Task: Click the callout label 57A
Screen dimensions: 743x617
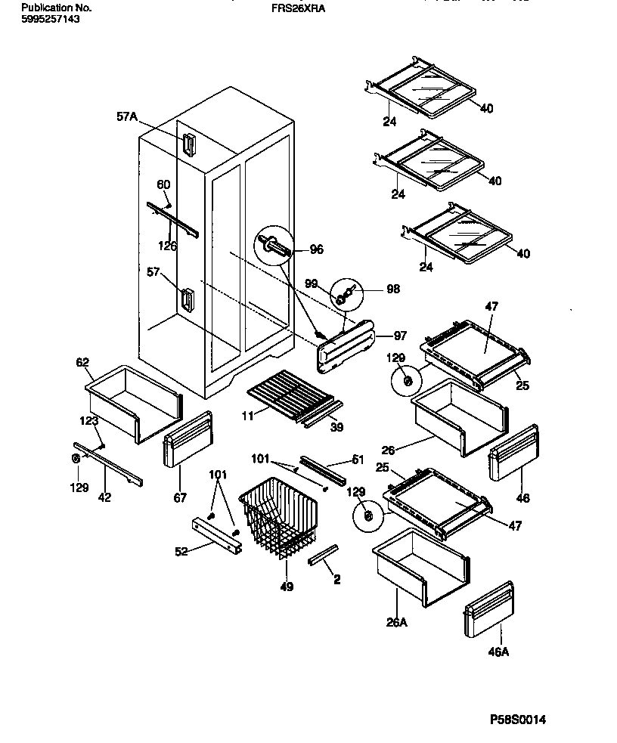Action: coord(127,116)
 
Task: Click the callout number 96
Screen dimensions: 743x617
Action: coord(315,248)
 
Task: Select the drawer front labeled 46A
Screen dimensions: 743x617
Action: coord(489,610)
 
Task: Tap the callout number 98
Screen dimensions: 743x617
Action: coord(393,289)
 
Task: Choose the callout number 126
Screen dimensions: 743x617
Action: coord(168,245)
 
